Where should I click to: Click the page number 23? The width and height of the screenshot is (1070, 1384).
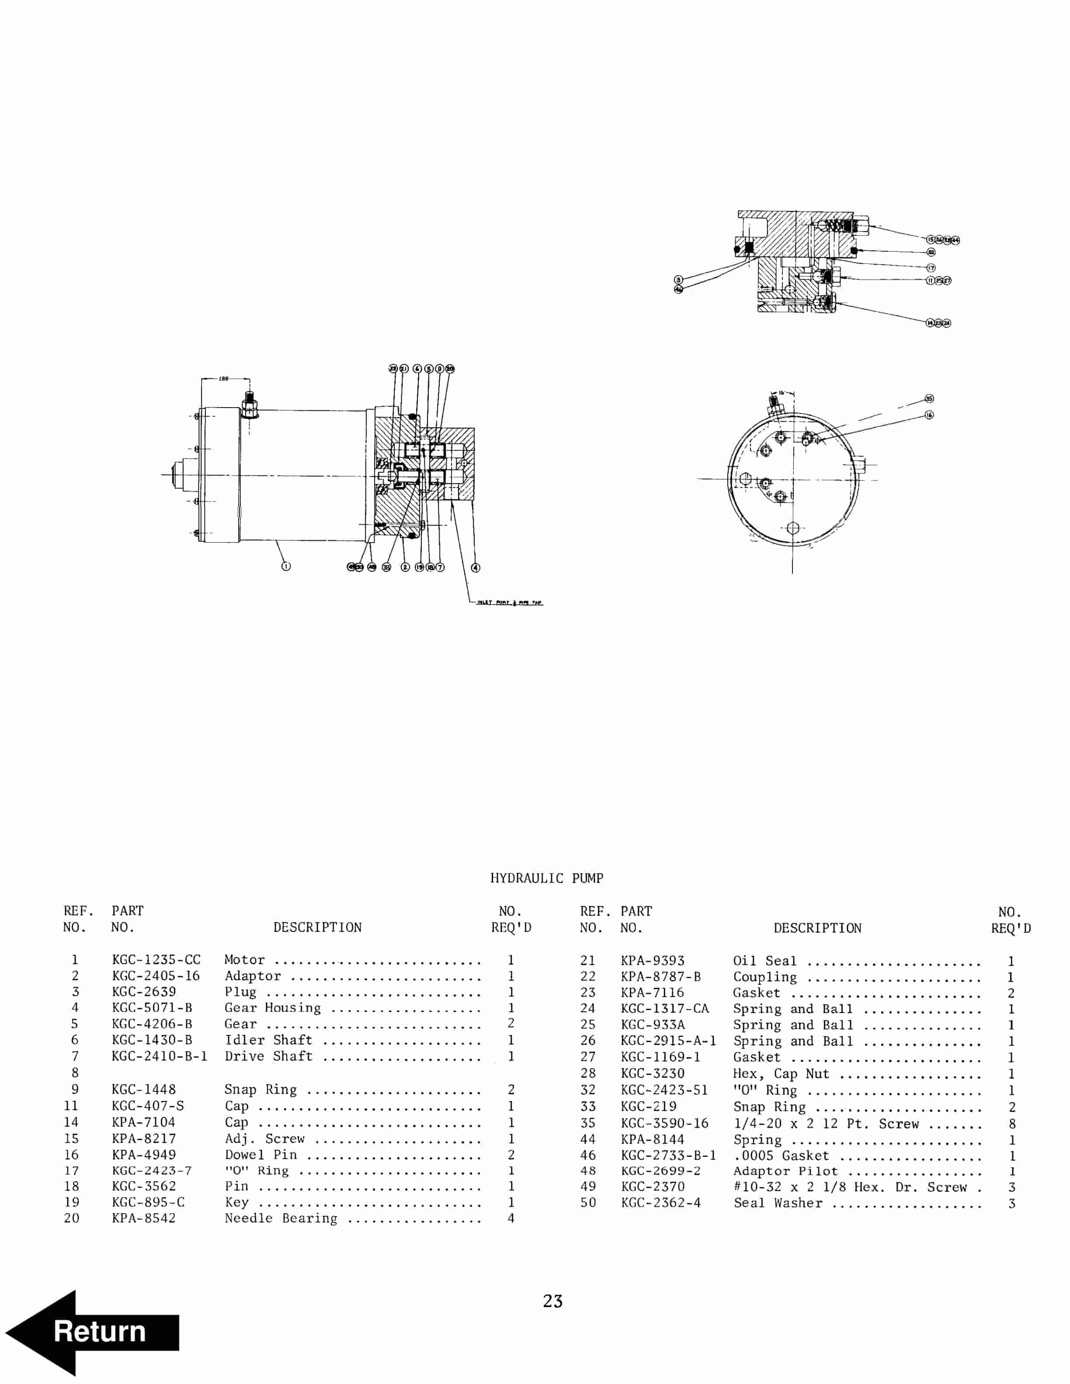click(x=552, y=1301)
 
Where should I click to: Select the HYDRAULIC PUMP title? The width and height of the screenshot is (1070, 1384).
click(x=546, y=878)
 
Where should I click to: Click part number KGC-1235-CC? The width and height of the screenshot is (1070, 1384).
click(x=156, y=960)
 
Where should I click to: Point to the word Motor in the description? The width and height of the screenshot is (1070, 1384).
click(x=245, y=960)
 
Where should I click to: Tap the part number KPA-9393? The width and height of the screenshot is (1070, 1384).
click(x=652, y=961)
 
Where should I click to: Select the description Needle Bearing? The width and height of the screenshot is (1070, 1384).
click(x=281, y=1218)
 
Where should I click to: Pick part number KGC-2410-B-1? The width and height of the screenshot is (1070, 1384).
click(x=159, y=1056)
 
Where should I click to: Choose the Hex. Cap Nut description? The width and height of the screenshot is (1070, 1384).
click(x=781, y=1073)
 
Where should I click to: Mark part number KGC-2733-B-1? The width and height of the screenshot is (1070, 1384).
click(x=668, y=1155)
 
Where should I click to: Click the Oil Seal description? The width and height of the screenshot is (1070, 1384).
click(x=764, y=961)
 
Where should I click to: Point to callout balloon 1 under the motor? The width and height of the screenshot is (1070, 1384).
click(x=286, y=567)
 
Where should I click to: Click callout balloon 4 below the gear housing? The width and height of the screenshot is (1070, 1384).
click(x=476, y=568)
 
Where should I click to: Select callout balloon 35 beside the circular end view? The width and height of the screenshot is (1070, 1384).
click(x=929, y=398)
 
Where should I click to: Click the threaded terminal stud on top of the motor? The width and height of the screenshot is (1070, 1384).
click(x=248, y=402)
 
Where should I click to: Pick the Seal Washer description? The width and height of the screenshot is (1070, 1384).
click(x=778, y=1203)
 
